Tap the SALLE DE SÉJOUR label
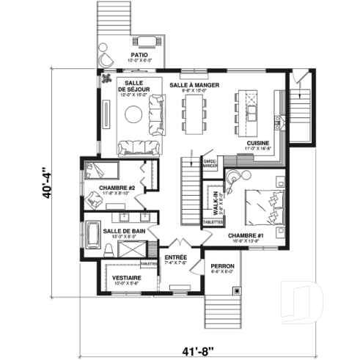(x=133, y=86)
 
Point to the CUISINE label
(x=258, y=143)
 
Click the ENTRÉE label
(x=176, y=258)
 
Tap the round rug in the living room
(x=134, y=114)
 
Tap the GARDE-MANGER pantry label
(x=209, y=163)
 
